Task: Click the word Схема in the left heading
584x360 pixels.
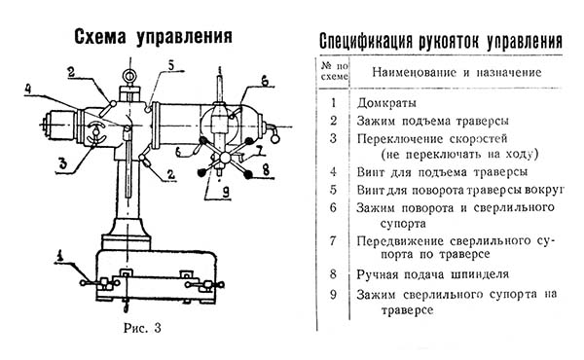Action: click(99, 38)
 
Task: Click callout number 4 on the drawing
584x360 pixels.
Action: click(27, 90)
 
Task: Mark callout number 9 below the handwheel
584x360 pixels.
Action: click(226, 192)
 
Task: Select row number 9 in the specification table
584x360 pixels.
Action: click(334, 294)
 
